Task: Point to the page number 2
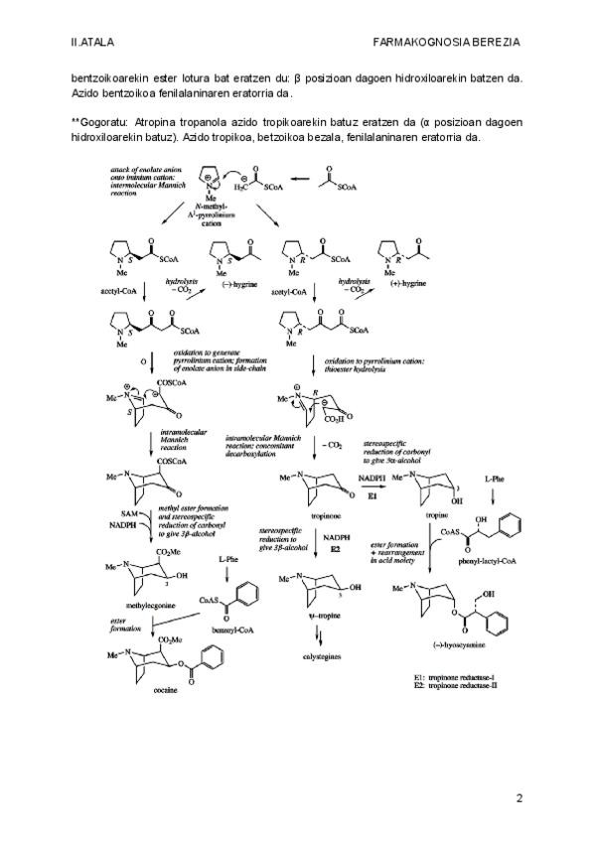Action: coord(519,797)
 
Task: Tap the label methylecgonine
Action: coord(133,601)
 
